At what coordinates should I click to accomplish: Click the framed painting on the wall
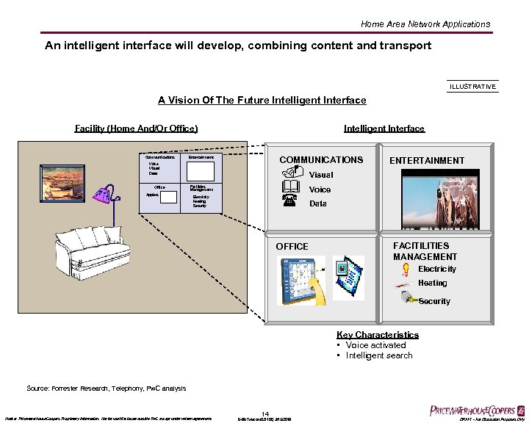63,183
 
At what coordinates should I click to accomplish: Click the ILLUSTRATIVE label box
472,87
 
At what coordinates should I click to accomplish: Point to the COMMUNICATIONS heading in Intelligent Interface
321,160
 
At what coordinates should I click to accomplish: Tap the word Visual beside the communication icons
321,175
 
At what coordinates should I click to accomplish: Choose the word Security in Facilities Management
434,301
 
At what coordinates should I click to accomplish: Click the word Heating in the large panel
432,283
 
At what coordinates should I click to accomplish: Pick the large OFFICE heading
292,247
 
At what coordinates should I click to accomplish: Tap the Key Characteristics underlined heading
378,335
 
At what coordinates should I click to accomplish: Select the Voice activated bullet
375,345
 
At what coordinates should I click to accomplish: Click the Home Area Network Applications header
425,24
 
